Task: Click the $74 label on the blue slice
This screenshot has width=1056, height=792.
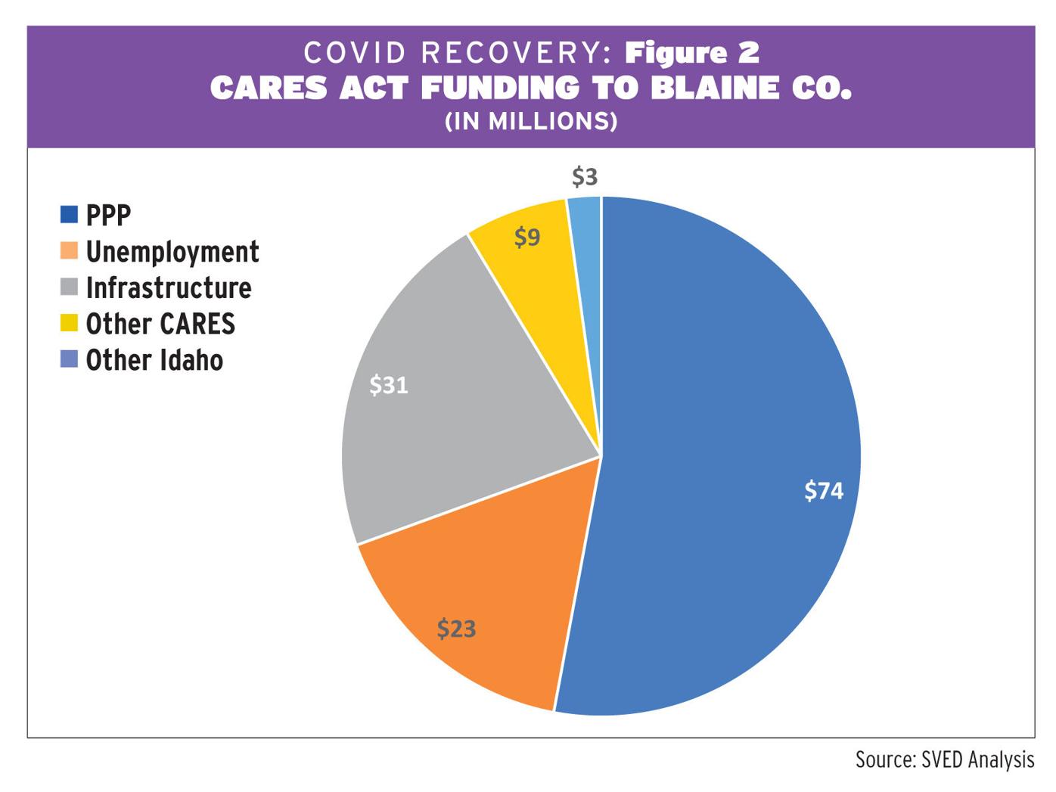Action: coord(823,491)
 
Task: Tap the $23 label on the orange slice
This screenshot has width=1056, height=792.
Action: coord(456,628)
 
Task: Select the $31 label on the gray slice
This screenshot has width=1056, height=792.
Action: coord(388,385)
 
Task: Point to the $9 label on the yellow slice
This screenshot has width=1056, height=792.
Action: coord(527,238)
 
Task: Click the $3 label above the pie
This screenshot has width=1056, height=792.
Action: coord(585,177)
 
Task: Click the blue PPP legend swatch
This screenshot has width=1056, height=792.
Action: coord(69,215)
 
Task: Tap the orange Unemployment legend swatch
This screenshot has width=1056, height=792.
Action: coord(69,250)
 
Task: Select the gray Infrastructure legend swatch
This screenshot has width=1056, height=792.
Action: coord(69,287)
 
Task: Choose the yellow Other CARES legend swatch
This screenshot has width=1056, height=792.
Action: coord(69,324)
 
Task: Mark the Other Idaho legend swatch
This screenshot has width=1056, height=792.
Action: coord(69,359)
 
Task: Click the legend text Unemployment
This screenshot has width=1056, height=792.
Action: coord(172,251)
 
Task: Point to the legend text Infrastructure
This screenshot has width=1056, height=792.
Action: coord(169,287)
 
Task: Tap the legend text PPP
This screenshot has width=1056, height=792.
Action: coord(108,215)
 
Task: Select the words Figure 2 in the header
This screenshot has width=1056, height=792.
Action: coord(692,52)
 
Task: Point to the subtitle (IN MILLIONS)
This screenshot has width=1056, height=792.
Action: coord(530,121)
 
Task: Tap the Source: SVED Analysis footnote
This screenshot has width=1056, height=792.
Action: coord(944,759)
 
